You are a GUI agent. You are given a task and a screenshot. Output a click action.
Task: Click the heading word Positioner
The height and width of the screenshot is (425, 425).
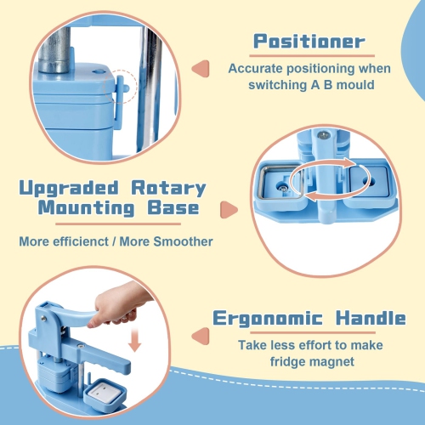pyautogui.click(x=309, y=42)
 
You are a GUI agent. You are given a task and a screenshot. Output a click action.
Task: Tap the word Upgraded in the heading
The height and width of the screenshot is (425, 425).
pyautogui.click(x=69, y=189)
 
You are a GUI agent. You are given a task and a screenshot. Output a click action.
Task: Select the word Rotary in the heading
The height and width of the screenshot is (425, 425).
pyautogui.click(x=168, y=189)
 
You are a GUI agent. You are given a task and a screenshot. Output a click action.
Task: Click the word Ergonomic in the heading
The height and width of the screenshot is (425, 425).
pyautogui.click(x=268, y=319)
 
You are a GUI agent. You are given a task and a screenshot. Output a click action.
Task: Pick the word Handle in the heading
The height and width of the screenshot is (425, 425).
pyautogui.click(x=371, y=318)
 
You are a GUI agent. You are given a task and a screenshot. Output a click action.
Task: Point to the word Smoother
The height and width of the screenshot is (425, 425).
pyautogui.click(x=183, y=241)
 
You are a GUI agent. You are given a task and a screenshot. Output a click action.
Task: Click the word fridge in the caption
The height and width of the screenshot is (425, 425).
pyautogui.click(x=287, y=362)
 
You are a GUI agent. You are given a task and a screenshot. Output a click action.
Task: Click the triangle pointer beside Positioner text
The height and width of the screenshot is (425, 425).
pyautogui.click(x=201, y=69)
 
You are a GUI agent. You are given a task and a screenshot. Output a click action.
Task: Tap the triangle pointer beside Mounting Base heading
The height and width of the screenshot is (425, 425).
pyautogui.click(x=228, y=210)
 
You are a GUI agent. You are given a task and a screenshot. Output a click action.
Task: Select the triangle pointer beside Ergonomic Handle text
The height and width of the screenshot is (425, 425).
pyautogui.click(x=201, y=337)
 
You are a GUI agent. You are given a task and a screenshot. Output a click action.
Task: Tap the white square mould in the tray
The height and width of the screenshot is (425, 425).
pyautogui.click(x=100, y=394)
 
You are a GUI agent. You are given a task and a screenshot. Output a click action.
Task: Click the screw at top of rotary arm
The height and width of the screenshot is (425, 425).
pyautogui.click(x=323, y=135)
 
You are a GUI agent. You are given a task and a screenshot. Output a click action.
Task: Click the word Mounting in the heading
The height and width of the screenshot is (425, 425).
pyautogui.click(x=87, y=208)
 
